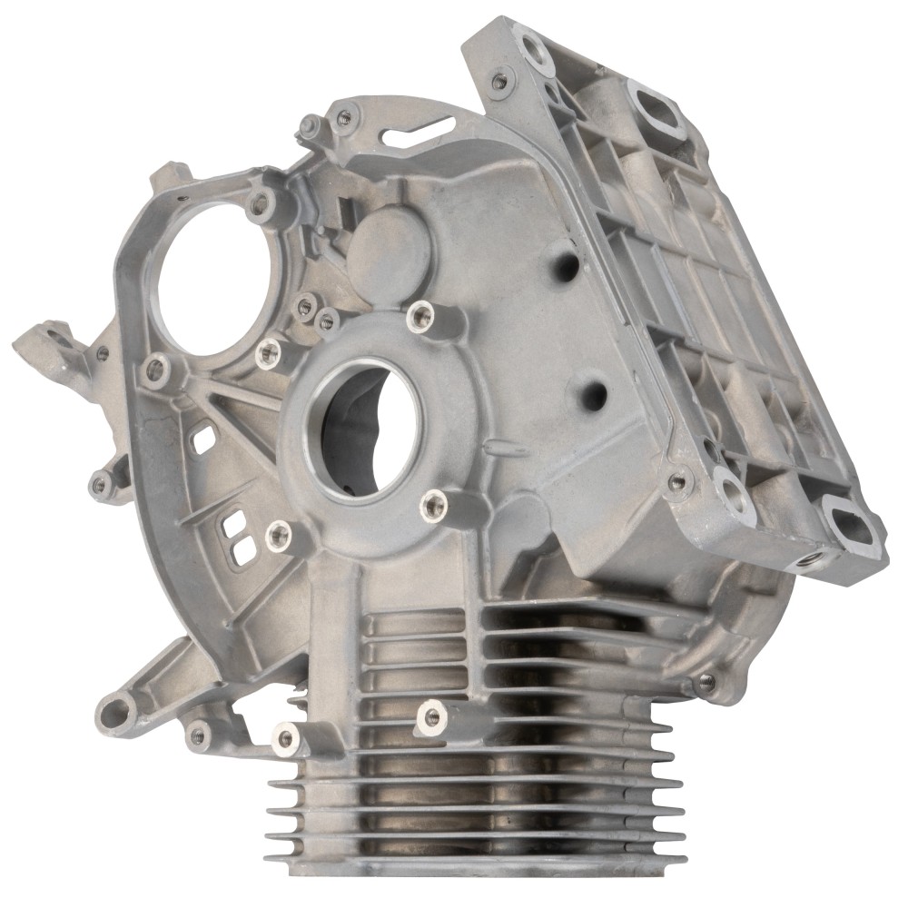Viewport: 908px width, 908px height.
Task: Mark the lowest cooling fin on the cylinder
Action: [472, 859]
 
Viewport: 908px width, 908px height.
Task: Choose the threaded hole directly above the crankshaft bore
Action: [419, 315]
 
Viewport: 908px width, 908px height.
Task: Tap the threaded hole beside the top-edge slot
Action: [344, 116]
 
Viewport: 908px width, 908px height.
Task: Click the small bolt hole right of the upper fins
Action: [706, 681]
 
